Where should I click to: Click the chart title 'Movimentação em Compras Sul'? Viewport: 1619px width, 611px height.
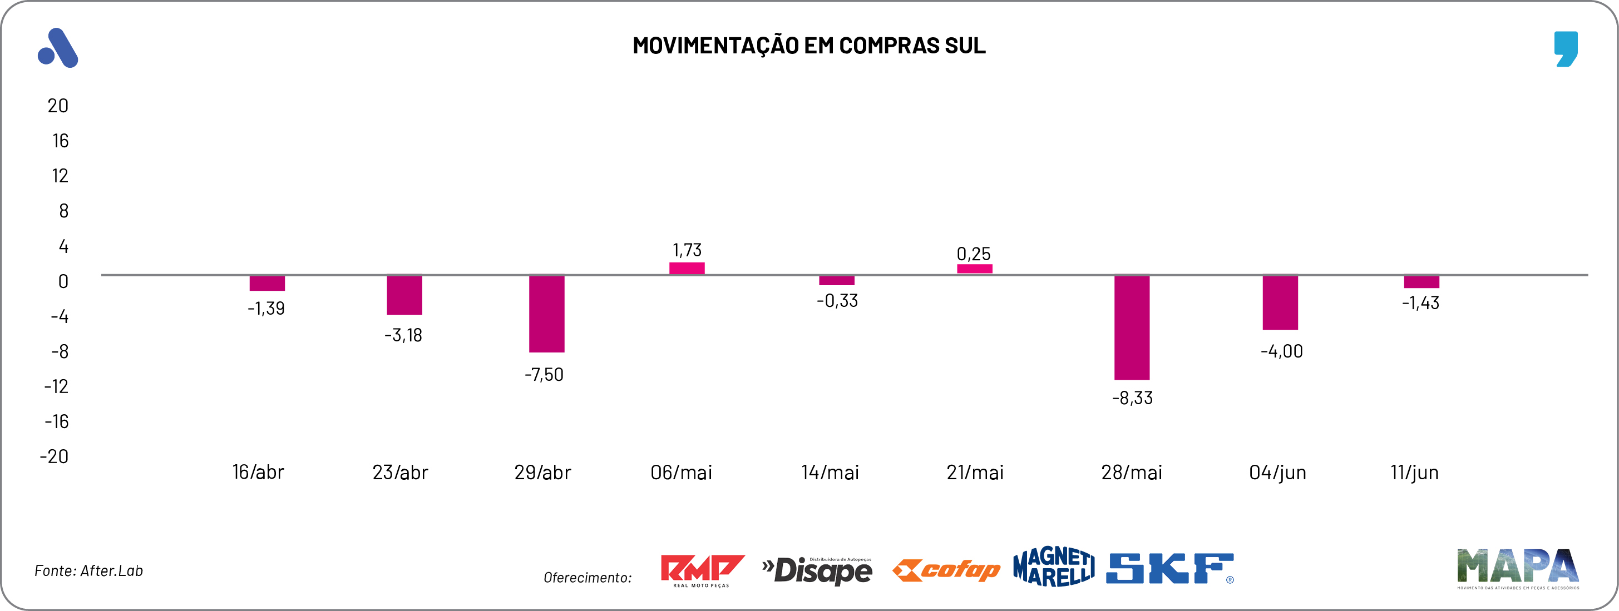tap(809, 46)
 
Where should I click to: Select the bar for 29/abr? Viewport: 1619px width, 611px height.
tap(546, 314)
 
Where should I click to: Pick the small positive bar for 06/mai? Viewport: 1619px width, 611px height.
tap(687, 268)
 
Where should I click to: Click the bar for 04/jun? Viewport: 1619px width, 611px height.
tap(1280, 302)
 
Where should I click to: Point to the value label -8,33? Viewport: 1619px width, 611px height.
tap(1132, 398)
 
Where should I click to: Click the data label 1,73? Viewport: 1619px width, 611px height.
tap(687, 250)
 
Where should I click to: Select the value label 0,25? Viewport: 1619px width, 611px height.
tap(973, 254)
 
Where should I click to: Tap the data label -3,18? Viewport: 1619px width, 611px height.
tap(403, 335)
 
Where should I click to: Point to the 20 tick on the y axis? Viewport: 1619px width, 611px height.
tap(58, 106)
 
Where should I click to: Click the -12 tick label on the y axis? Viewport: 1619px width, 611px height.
tap(57, 386)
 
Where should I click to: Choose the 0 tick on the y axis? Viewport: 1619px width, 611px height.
tap(63, 281)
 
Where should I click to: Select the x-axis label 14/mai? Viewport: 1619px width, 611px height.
tap(830, 472)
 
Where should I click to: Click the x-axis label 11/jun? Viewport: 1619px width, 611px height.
tap(1414, 472)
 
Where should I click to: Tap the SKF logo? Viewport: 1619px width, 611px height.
tap(1169, 569)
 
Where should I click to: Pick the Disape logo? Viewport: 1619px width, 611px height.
tap(817, 570)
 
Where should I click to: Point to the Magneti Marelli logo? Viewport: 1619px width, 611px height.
tap(1053, 567)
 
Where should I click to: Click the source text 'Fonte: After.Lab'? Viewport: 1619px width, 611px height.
tap(88, 571)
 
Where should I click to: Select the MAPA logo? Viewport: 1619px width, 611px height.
tap(1518, 568)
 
